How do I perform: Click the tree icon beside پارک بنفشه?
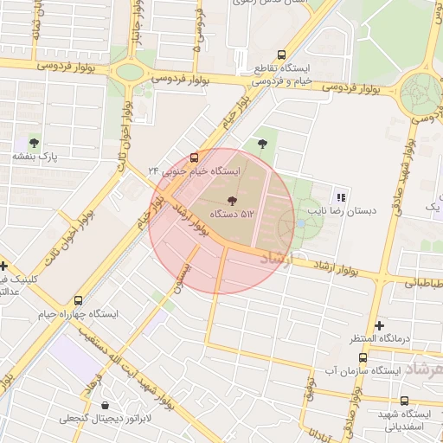[x=34, y=143]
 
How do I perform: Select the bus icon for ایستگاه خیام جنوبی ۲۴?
[x=194, y=157]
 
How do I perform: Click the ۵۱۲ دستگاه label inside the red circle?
[x=231, y=213]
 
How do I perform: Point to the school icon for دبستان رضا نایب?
[x=340, y=196]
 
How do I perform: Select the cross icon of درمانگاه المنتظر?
[x=379, y=325]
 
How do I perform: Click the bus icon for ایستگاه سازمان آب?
[x=362, y=356]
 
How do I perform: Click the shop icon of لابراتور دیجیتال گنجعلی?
[x=106, y=405]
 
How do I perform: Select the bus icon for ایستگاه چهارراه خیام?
[x=79, y=300]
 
